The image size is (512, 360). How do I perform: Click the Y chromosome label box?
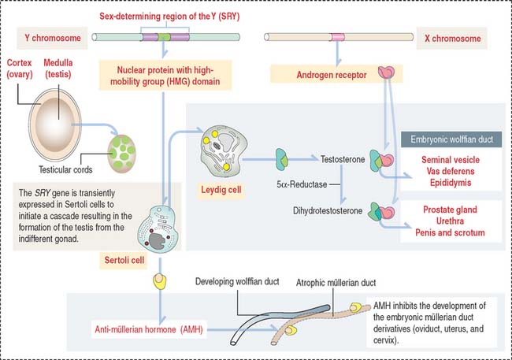(50, 37)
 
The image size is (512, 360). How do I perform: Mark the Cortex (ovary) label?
(27, 68)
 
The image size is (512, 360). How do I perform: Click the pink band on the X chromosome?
(338, 37)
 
